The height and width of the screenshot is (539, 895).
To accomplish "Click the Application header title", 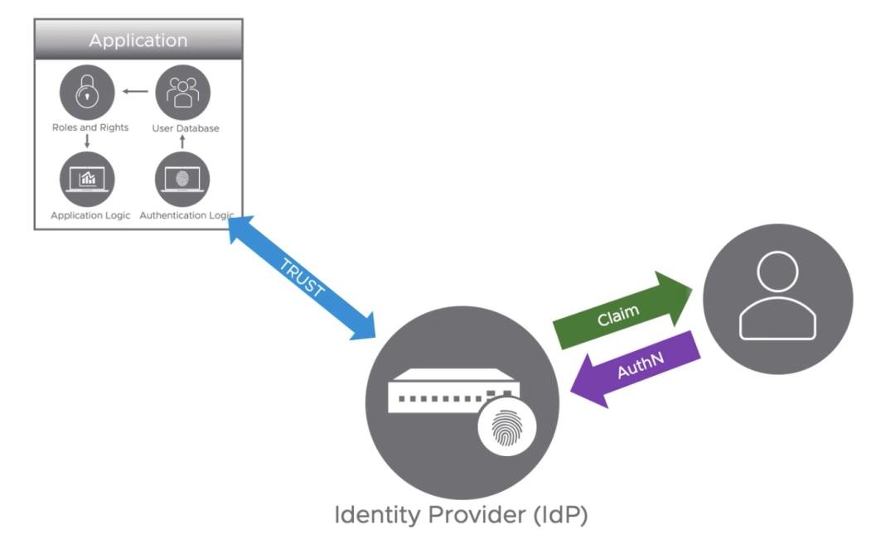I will tap(138, 40).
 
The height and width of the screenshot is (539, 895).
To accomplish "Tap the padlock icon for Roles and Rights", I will tap(86, 93).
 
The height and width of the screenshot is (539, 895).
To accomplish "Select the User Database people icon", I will tap(182, 93).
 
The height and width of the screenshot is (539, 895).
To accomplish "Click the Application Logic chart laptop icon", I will tap(86, 179).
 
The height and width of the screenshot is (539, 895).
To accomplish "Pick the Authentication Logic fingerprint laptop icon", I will tap(182, 179).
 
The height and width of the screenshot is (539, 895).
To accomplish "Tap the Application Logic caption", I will tap(90, 215).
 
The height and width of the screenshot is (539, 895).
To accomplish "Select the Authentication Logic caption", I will tap(185, 215).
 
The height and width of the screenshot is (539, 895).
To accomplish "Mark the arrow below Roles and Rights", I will tap(87, 142).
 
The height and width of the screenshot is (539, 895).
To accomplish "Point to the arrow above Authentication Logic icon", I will tap(183, 142).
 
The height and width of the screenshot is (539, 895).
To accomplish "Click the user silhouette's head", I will tap(777, 272).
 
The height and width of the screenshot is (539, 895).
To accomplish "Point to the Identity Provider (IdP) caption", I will tap(461, 515).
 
